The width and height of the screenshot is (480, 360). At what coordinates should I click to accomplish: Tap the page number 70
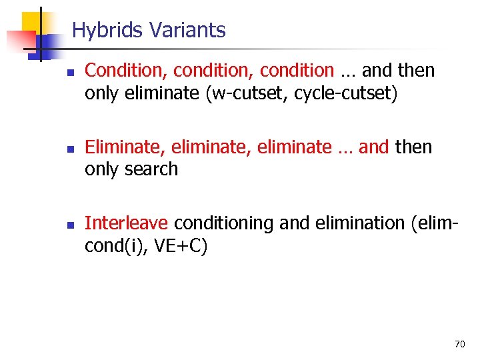point(459,344)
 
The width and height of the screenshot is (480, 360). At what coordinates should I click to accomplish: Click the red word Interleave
point(127,223)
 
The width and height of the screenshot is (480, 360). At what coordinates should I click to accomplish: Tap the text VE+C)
point(181,246)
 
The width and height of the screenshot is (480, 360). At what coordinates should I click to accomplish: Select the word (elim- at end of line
point(432,223)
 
